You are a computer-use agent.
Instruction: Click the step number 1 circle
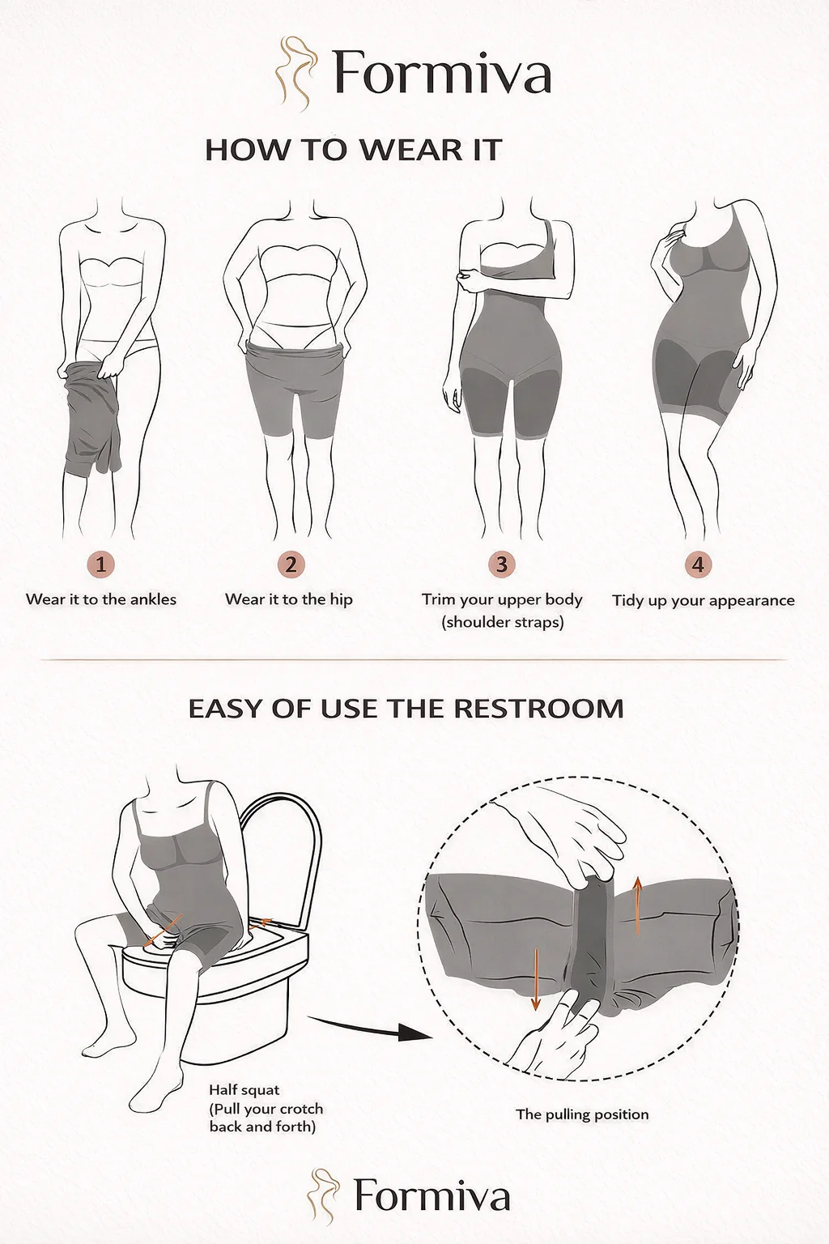coord(100,564)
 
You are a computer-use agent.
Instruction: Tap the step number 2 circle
coord(291,564)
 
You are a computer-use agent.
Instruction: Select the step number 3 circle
coord(501,564)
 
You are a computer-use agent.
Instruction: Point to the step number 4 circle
coord(698,564)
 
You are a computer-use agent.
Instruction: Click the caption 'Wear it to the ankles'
coord(101,600)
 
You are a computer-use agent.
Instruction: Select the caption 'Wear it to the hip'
coord(289,600)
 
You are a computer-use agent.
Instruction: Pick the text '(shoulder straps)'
coord(503,623)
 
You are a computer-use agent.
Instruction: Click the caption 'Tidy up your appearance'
coord(704,601)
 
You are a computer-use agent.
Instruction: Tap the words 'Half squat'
coord(244,1089)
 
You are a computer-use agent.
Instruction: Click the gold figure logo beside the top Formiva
coord(296,74)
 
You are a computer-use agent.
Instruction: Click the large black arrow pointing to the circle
coord(370,1028)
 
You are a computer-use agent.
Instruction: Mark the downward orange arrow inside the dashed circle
coord(535,979)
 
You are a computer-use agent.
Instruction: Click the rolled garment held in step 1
coord(91,420)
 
